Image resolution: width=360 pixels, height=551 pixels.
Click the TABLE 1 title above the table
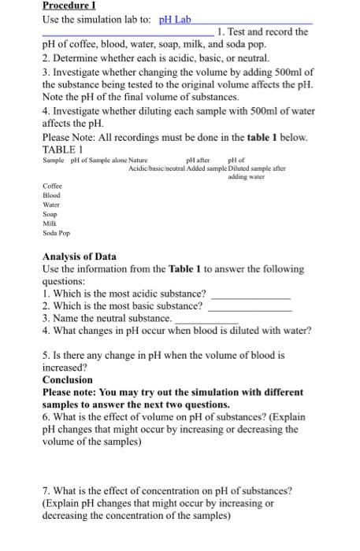(x=64, y=149)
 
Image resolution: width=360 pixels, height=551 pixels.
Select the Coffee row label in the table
(x=52, y=186)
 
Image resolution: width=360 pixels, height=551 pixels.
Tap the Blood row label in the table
(x=51, y=195)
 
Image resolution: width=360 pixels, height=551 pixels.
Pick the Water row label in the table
(x=51, y=205)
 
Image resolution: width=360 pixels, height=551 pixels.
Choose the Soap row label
(x=50, y=214)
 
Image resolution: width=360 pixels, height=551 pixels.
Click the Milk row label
(x=50, y=224)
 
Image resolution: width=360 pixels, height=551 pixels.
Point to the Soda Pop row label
(x=56, y=233)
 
